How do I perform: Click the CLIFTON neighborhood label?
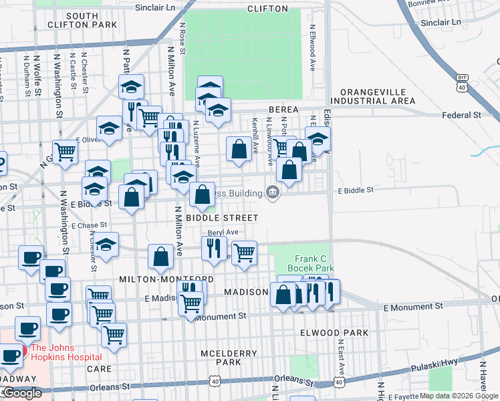tap(267, 9)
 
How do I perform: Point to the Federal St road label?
tap(462, 115)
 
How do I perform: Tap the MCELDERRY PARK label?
tap(220, 357)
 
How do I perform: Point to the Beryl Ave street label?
tap(223, 232)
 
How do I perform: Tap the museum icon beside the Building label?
tap(272, 192)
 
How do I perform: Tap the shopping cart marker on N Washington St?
tap(65, 152)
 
